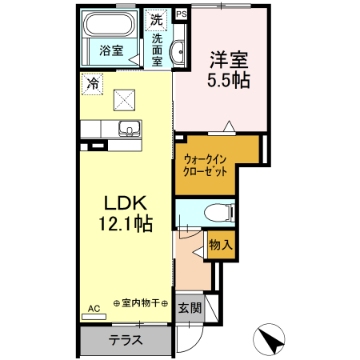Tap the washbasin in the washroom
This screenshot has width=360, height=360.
[x=178, y=50]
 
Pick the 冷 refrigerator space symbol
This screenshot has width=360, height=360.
[x=93, y=82]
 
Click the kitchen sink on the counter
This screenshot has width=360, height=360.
[x=126, y=128]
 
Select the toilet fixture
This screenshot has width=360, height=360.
[x=217, y=212]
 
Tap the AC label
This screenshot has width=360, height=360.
[x=94, y=308]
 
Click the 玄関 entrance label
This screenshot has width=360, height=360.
[x=189, y=308]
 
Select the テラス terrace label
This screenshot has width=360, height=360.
[x=126, y=340]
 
